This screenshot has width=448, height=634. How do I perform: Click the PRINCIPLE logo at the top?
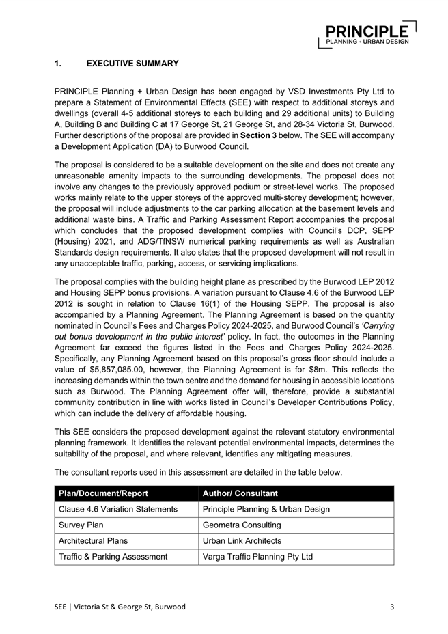(x=367, y=34)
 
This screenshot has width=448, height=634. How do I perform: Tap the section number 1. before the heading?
(x=57, y=64)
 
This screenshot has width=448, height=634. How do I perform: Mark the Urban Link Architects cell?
(x=242, y=541)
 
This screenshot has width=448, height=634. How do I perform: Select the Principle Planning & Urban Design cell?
(x=266, y=509)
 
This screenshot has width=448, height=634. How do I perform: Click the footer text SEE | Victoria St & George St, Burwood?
(x=120, y=607)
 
